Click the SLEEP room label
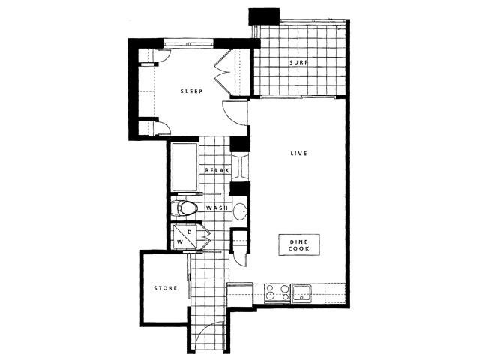coord(191,91)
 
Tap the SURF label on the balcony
coord(299,62)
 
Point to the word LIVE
coord(298,153)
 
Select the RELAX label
coord(217,170)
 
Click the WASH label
coord(217,208)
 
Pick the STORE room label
coord(165,288)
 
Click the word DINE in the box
coord(299,241)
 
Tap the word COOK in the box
coord(299,248)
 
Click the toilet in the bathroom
coord(184,208)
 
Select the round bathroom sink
coord(240,211)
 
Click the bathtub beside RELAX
coord(184,166)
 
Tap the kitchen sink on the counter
coord(301,293)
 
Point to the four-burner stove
coord(277,292)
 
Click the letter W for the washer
coord(180,241)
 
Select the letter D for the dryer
coord(190,232)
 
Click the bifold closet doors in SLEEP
coord(223,72)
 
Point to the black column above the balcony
coord(264,16)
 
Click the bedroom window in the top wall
coord(187,43)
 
